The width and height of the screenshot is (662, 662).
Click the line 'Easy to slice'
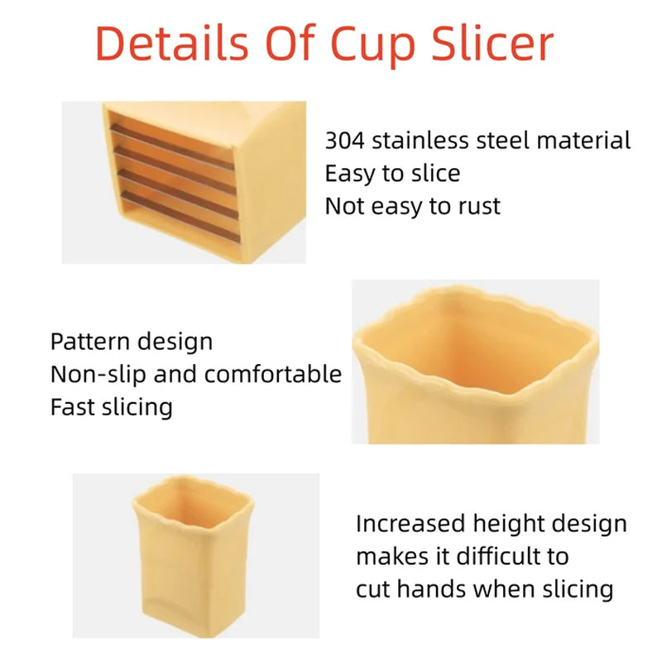[392, 173]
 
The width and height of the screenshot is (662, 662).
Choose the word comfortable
[273, 374]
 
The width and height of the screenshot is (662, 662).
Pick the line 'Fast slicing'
[112, 407]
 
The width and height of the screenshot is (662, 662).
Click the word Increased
[410, 524]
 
